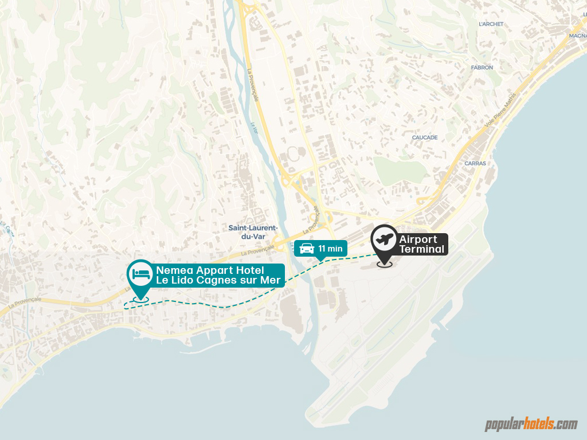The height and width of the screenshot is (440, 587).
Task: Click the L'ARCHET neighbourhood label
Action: point(491,24)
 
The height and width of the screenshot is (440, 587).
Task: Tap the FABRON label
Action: point(482,68)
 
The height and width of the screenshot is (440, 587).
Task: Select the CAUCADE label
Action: point(425,137)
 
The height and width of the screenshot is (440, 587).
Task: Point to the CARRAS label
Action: point(475,163)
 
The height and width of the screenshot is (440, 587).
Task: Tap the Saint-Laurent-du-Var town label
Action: point(253,231)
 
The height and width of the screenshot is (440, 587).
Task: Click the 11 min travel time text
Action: point(331,248)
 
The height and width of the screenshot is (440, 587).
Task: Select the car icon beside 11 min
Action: point(307,248)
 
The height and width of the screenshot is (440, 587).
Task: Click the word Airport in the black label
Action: point(418,239)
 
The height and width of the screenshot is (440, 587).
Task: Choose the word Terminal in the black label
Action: point(422,249)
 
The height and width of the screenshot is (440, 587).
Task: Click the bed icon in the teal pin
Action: point(139,273)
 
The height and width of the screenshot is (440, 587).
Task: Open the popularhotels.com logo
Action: point(531,425)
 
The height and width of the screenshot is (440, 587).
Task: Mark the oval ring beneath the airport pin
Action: point(384,265)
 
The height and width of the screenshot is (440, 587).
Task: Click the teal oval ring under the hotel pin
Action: point(139,298)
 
